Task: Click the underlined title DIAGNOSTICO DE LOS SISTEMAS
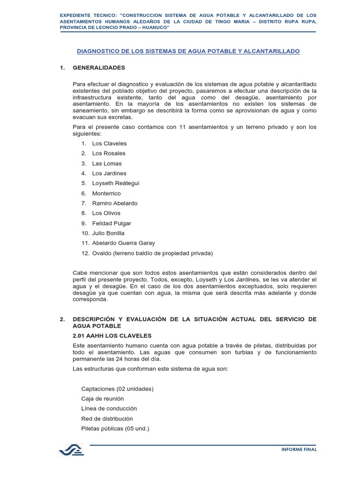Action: [x=188, y=51]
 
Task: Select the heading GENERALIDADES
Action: [x=99, y=67]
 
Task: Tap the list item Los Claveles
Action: [x=109, y=143]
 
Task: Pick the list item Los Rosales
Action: [x=109, y=153]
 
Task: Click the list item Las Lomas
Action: [x=107, y=164]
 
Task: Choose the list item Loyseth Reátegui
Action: [x=116, y=183]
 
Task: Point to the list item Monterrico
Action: [x=106, y=193]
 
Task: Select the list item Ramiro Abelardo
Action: [x=115, y=203]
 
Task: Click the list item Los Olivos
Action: [x=106, y=213]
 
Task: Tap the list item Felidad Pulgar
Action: [x=112, y=224]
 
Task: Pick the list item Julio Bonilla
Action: [x=108, y=233]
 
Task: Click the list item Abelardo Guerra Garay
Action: [x=123, y=243]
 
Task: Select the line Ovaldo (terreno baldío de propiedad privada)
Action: [x=152, y=254]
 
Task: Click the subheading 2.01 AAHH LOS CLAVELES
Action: [x=112, y=335]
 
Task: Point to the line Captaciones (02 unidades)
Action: [x=117, y=389]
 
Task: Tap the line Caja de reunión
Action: [x=102, y=398]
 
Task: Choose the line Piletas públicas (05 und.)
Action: [x=115, y=428]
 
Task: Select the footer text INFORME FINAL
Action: [x=299, y=450]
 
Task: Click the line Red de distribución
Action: [x=107, y=419]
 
